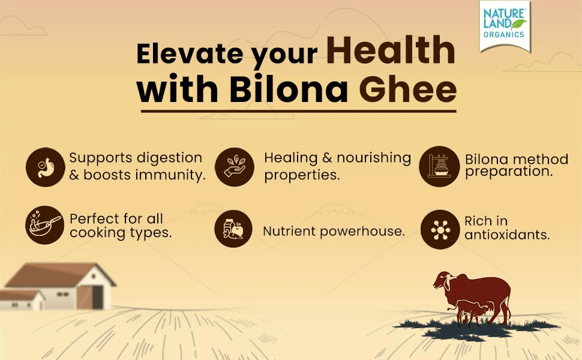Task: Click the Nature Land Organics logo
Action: click(x=505, y=26)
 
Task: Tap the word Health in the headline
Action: click(x=391, y=50)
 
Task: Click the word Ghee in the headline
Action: click(x=407, y=89)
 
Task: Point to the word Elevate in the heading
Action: click(x=190, y=54)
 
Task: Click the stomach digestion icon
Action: click(x=45, y=167)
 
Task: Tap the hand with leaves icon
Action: click(x=235, y=167)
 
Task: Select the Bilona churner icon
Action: click(x=439, y=166)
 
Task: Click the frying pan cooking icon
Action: click(x=44, y=225)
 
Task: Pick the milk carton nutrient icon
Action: click(x=233, y=229)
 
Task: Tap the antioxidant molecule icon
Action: click(x=440, y=229)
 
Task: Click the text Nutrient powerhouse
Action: click(x=334, y=231)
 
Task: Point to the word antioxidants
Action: click(x=507, y=235)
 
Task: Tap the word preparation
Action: click(x=509, y=172)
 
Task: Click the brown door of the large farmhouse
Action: click(x=85, y=298)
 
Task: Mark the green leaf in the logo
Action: click(x=519, y=24)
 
